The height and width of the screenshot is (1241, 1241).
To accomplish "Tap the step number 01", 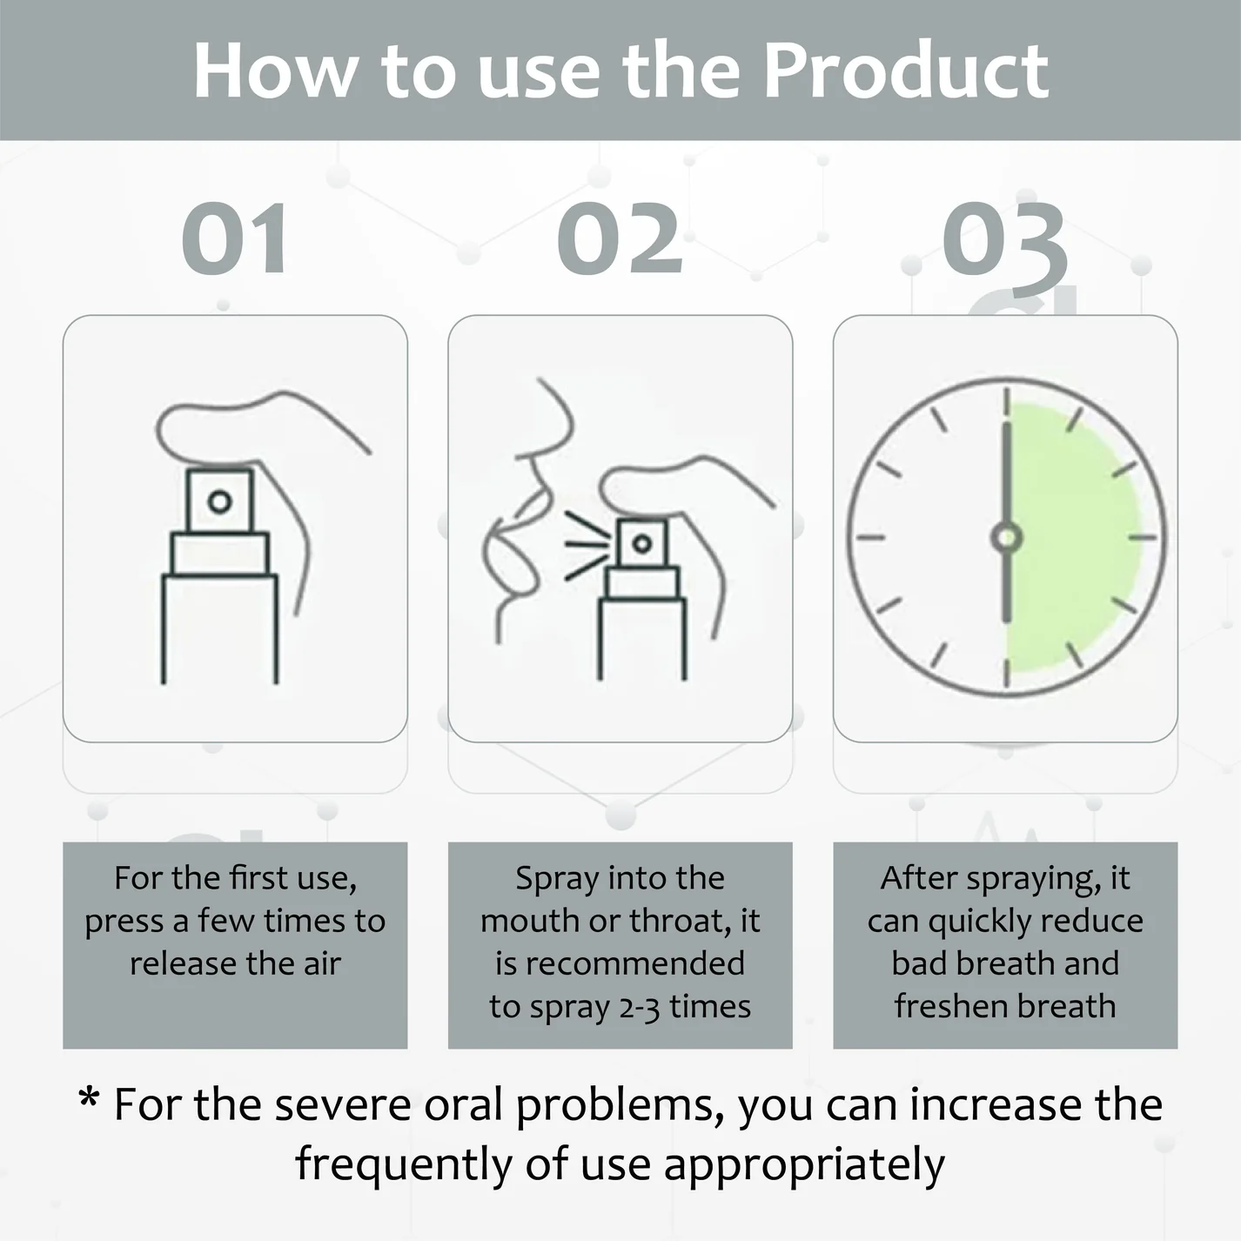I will (x=235, y=239).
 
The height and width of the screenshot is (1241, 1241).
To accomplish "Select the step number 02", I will (x=620, y=239).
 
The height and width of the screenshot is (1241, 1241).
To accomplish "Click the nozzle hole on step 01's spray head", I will (x=220, y=501).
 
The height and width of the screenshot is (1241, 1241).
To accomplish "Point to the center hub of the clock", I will (x=1006, y=537).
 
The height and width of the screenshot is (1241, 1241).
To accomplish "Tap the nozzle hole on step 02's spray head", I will (x=642, y=544).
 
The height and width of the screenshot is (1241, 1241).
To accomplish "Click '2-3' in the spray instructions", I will (x=640, y=1007).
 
